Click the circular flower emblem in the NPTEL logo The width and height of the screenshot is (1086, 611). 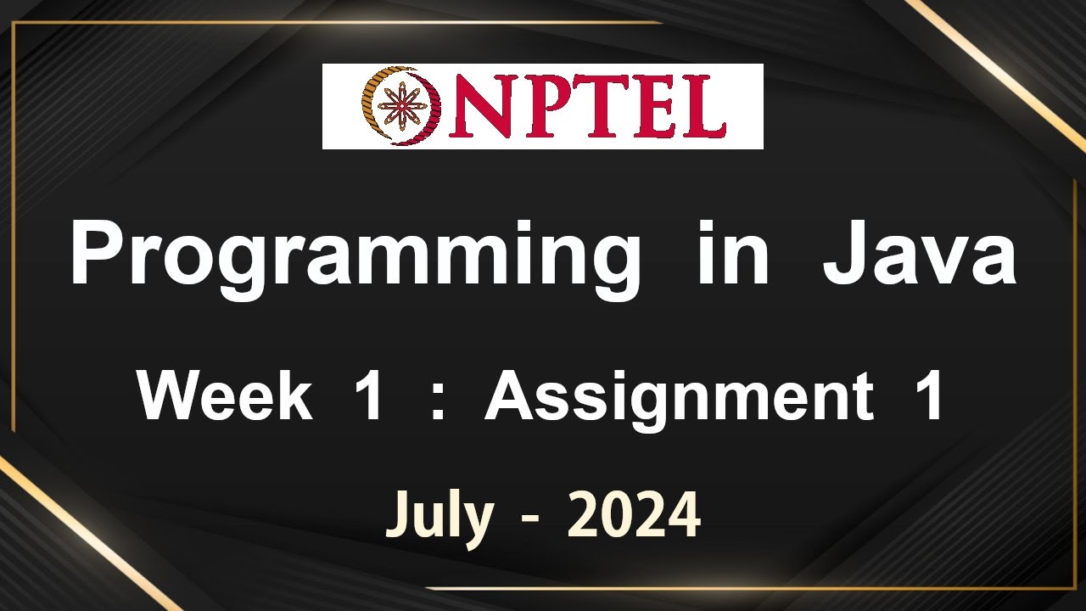pos(399,107)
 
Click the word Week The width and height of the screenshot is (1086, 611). pos(225,397)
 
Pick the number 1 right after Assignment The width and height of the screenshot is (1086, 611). pos(932,397)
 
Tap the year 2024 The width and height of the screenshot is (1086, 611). pos(634,514)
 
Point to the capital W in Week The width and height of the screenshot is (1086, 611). pos(171,397)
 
